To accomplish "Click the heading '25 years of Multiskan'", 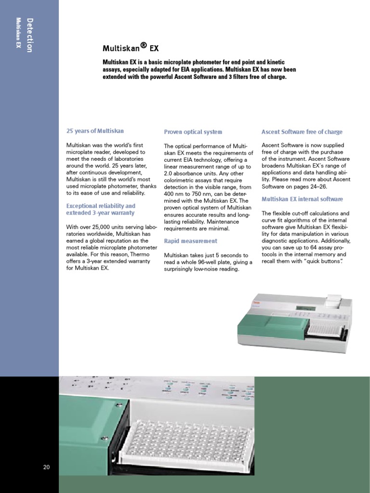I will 95,131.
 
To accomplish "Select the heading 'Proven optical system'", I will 193,132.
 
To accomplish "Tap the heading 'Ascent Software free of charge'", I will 302,132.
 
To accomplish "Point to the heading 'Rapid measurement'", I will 190,241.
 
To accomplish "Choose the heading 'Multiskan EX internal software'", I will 302,199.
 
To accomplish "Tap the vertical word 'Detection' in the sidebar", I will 30,35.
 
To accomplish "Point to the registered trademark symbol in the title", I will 143,45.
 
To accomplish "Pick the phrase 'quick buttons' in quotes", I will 322,261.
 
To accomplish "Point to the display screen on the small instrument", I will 304,308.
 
